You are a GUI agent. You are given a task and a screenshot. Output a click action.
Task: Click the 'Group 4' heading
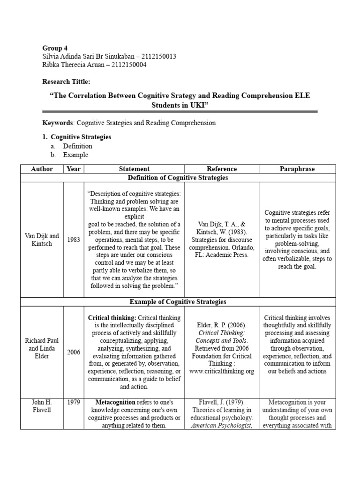pyautogui.click(x=55, y=48)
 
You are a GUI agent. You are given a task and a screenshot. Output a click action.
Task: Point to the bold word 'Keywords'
pyautogui.click(x=58, y=123)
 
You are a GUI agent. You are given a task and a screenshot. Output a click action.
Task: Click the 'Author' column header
pyautogui.click(x=42, y=169)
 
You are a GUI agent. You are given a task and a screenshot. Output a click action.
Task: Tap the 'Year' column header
pyautogui.click(x=73, y=169)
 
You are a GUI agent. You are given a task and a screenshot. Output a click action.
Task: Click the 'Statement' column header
pyautogui.click(x=134, y=169)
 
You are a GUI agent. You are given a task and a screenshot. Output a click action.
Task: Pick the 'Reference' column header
pyautogui.click(x=222, y=169)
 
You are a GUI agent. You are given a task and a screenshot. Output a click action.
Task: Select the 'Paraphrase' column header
pyautogui.click(x=297, y=169)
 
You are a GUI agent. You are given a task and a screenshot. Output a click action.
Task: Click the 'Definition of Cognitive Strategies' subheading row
pyautogui.click(x=178, y=178)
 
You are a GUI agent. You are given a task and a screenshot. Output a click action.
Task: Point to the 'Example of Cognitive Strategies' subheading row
pyautogui.click(x=178, y=302)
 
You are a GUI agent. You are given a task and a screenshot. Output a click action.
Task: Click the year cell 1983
pyautogui.click(x=73, y=240)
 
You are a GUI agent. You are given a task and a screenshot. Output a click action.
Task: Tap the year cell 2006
pyautogui.click(x=73, y=352)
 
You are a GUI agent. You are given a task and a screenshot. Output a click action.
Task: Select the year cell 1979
pyautogui.click(x=73, y=403)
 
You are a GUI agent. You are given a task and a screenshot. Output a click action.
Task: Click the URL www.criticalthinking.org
pyautogui.click(x=222, y=371)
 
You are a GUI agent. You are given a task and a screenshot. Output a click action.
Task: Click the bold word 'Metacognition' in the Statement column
pyautogui.click(x=115, y=403)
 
